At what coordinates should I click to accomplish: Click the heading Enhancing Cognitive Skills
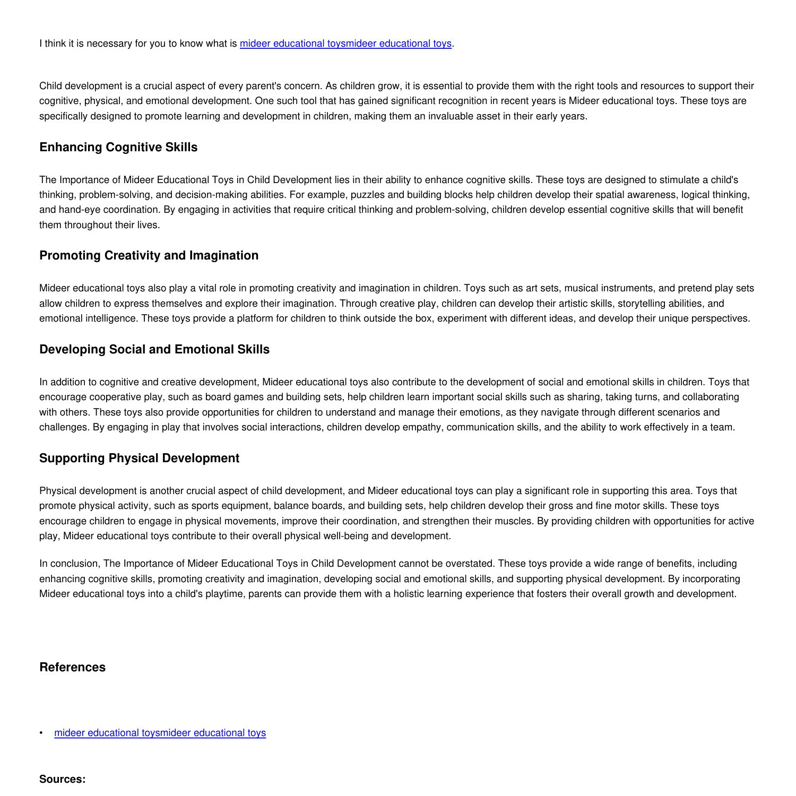pos(118,148)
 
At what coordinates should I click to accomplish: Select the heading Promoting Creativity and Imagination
pos(149,256)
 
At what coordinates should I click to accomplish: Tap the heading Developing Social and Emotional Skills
pos(154,350)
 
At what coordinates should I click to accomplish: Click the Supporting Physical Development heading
pos(139,458)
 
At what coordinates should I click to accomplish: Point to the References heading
pos(72,668)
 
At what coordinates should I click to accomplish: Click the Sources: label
pos(62,780)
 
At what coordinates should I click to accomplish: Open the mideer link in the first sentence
pos(345,44)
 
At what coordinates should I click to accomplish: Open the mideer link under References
pos(160,733)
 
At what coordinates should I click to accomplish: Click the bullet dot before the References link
pos(41,733)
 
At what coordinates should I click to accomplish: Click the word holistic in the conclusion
pos(410,594)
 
